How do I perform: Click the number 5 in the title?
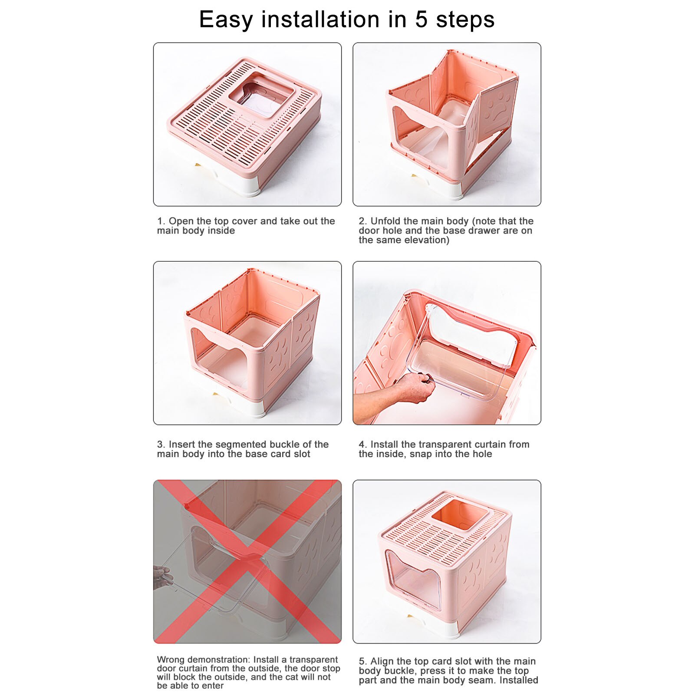point(421,20)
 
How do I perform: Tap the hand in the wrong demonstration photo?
point(163,577)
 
